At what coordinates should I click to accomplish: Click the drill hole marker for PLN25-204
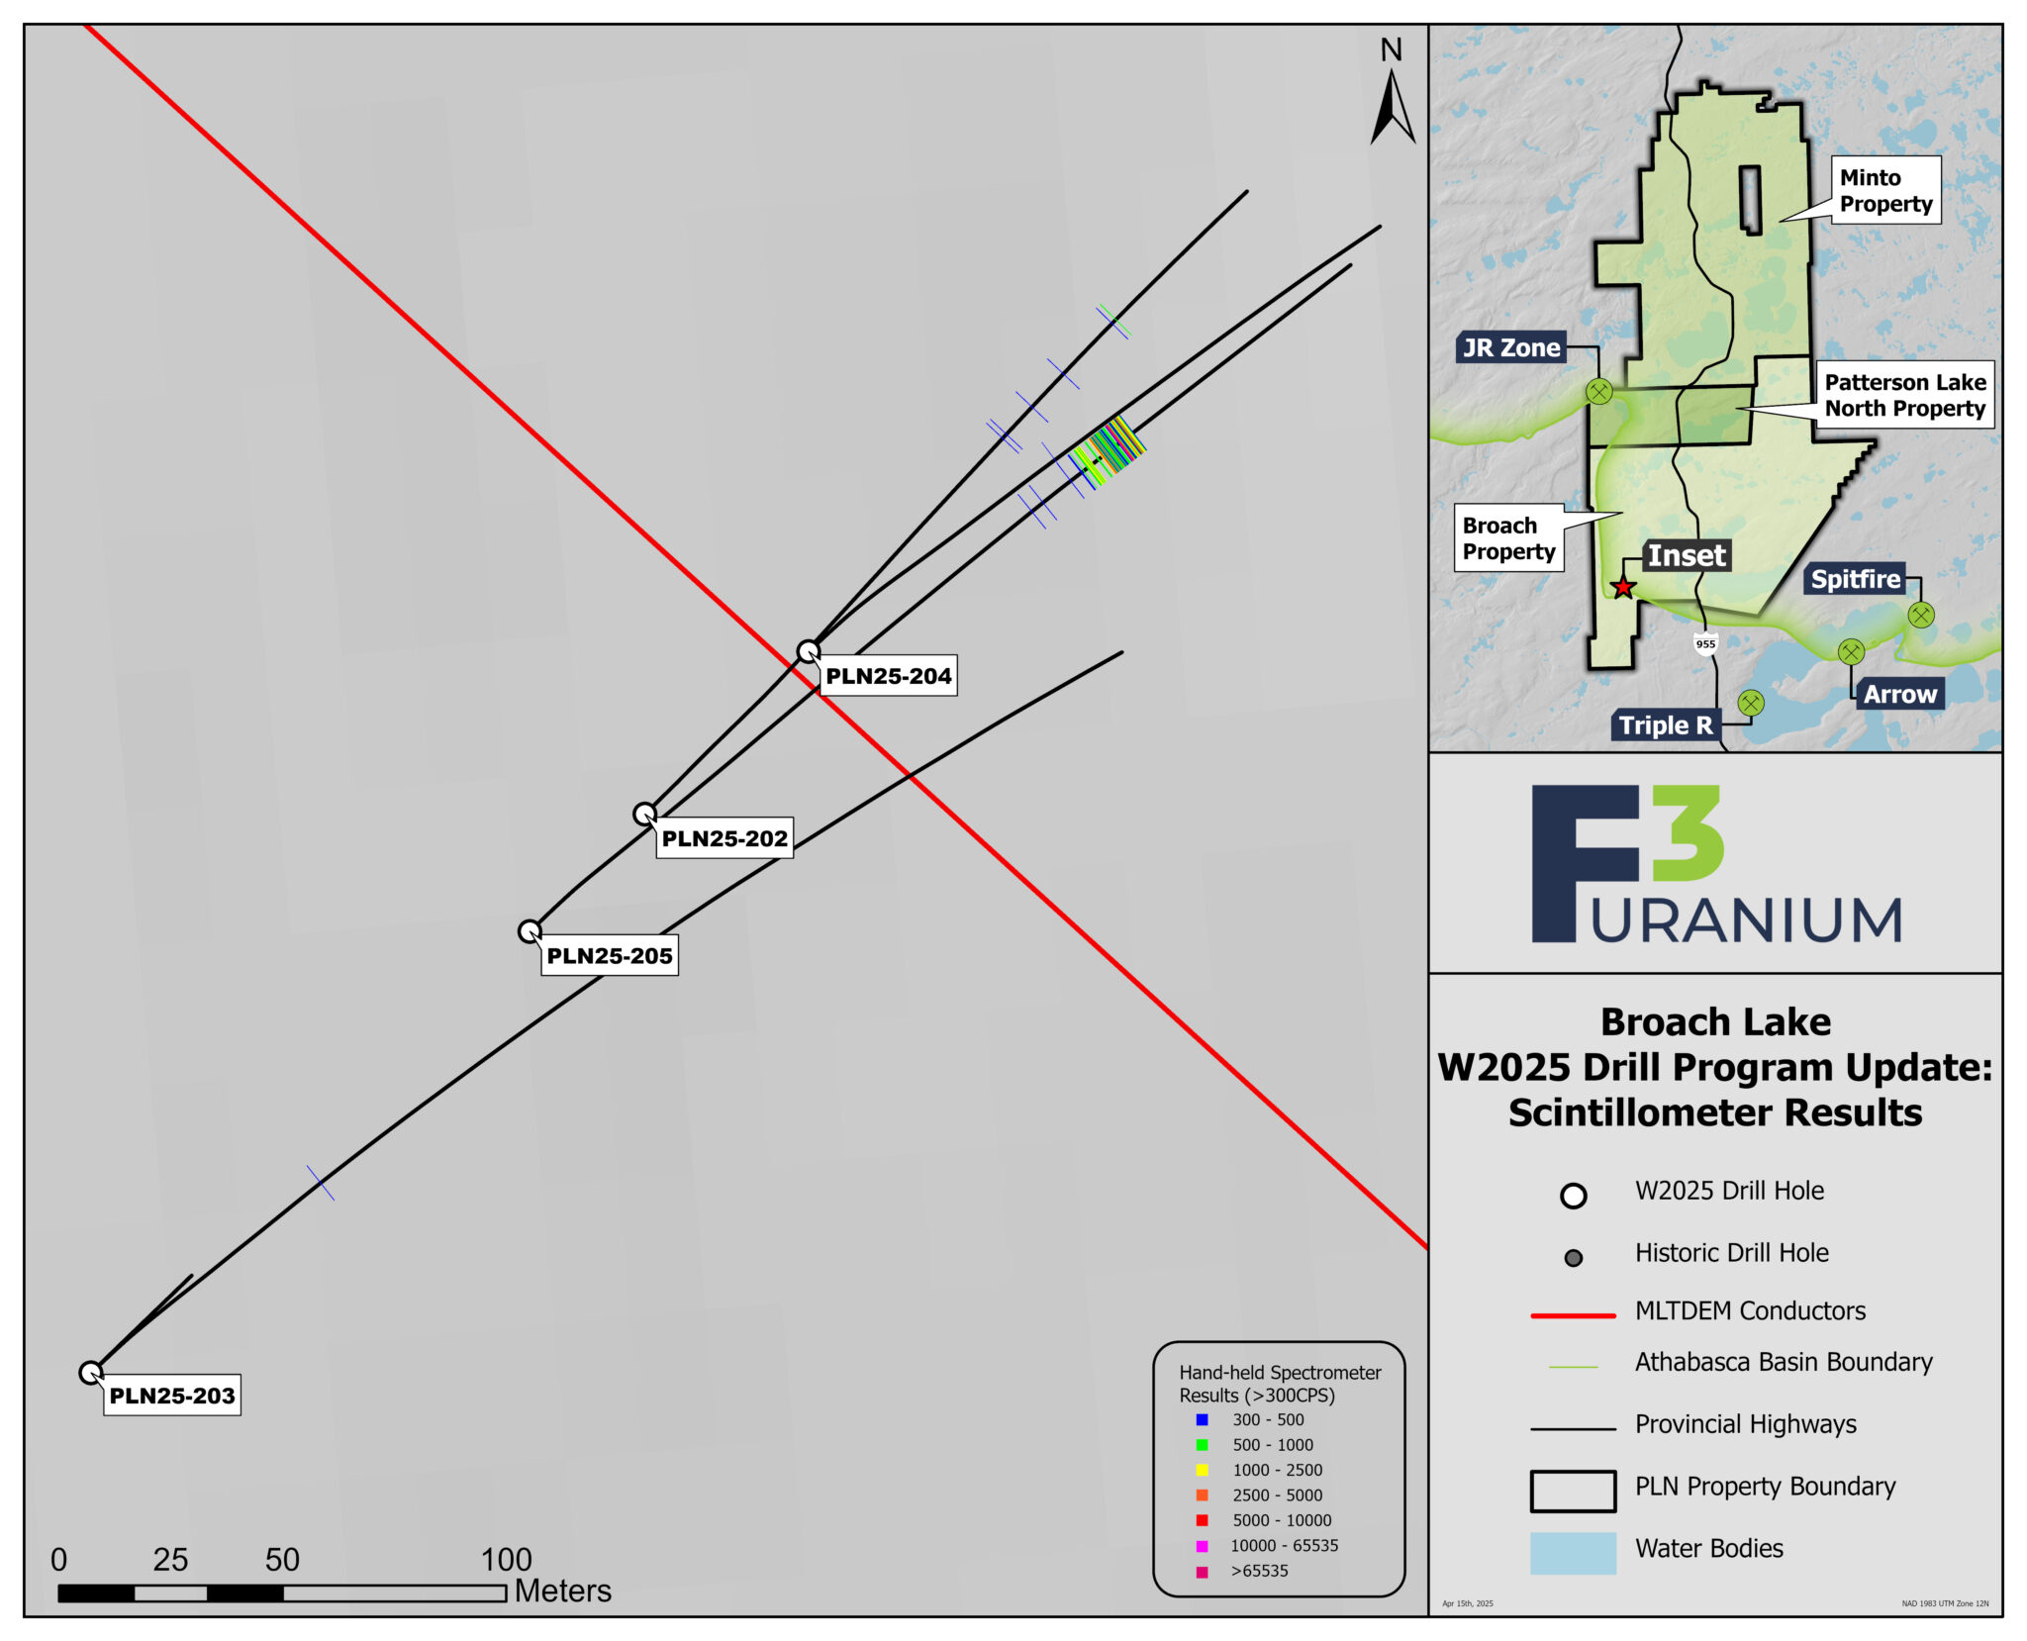coord(809,651)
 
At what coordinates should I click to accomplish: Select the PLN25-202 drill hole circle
coord(644,814)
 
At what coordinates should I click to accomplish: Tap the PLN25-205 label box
coord(610,956)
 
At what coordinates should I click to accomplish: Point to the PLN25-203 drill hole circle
coord(90,1373)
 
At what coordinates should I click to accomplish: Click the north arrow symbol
coord(1392,109)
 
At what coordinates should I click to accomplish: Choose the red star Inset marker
coord(1623,588)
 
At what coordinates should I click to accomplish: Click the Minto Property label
coord(1884,190)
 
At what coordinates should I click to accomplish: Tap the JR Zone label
coord(1511,347)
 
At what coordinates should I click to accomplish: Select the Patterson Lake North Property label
coord(1904,395)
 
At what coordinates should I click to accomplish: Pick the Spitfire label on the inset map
coord(1856,579)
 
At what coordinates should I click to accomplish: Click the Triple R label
coord(1666,725)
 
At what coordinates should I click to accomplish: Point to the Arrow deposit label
coord(1899,694)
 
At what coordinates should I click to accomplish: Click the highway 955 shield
coord(1705,644)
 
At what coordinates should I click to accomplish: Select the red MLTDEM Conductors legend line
coord(1573,1315)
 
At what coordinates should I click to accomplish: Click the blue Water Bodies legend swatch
coord(1573,1553)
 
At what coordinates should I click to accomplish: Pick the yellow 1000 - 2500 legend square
coord(1202,1471)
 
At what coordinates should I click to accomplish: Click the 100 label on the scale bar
coord(507,1560)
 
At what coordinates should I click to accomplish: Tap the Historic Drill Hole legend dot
coord(1573,1258)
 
